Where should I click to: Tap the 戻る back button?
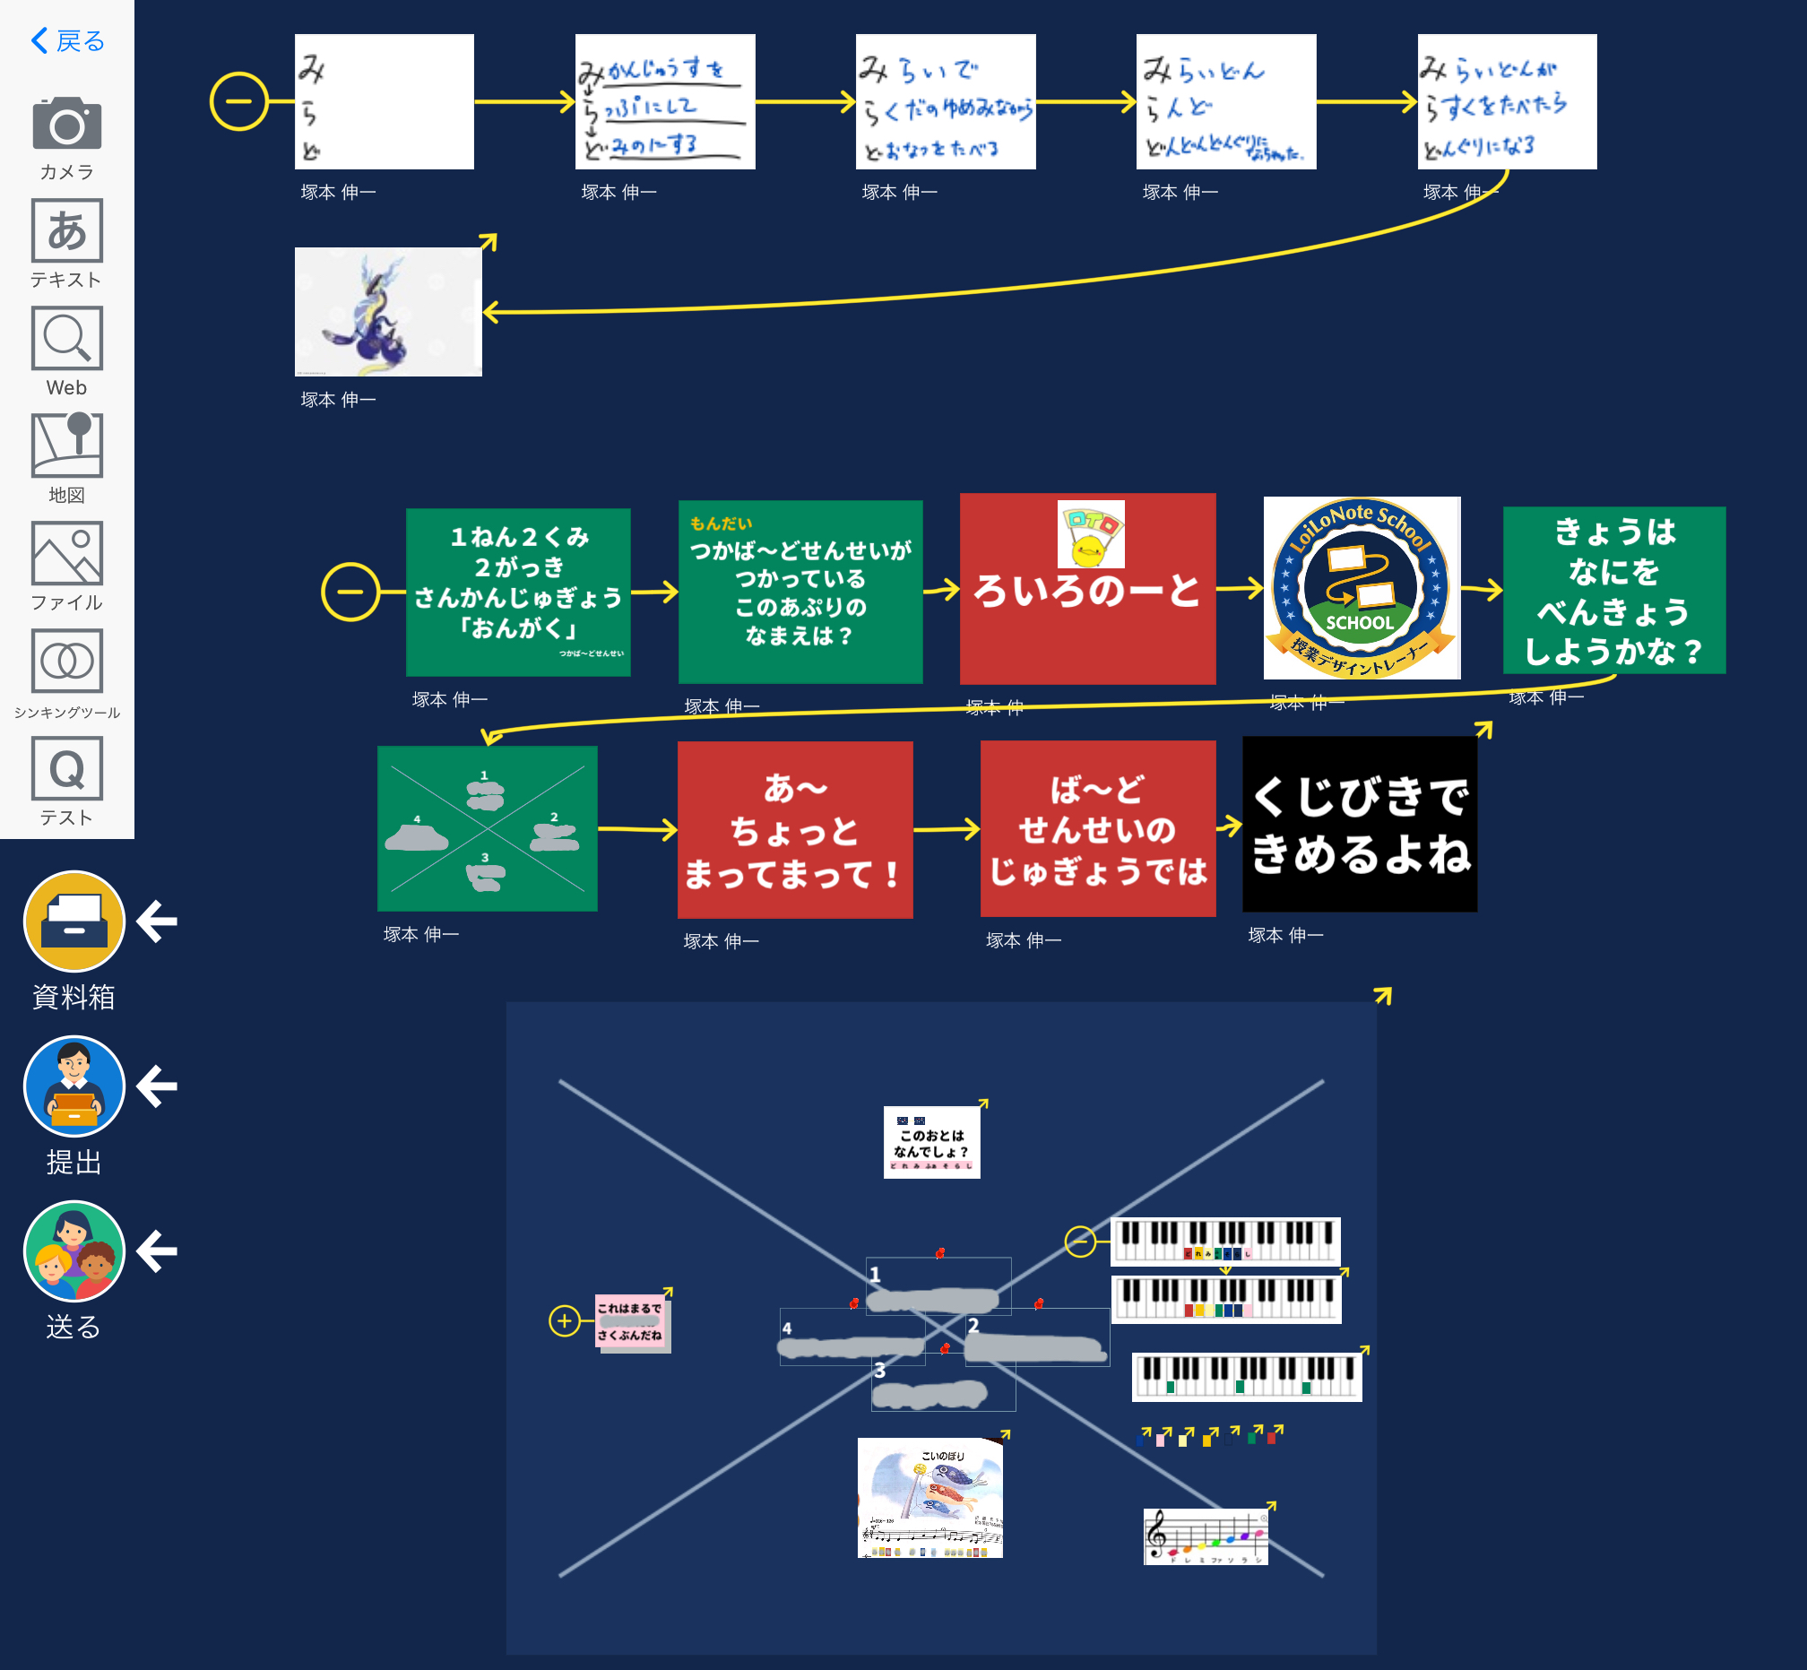(x=68, y=40)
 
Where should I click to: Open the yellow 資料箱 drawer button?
(x=74, y=921)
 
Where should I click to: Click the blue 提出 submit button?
(x=74, y=1086)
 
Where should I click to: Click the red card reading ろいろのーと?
(x=1087, y=589)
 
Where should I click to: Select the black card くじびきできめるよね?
(x=1360, y=824)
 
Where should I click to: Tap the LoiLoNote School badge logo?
(x=1361, y=587)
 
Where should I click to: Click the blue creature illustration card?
(x=387, y=312)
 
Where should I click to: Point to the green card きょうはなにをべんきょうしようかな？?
(x=1613, y=590)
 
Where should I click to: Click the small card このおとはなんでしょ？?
(x=931, y=1142)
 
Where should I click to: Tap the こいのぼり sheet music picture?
(x=929, y=1497)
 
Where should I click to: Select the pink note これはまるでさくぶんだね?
(x=631, y=1321)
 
